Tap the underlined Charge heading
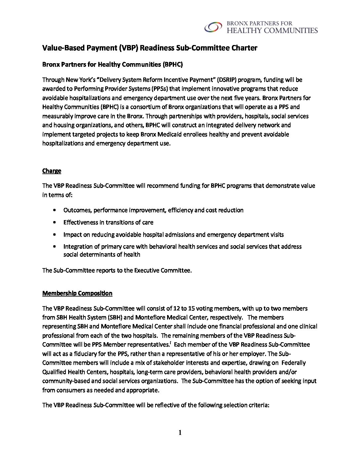click(x=52, y=171)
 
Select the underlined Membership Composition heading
click(x=77, y=293)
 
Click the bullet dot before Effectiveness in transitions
click(x=54, y=222)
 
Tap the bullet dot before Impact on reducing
click(x=54, y=235)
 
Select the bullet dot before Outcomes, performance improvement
click(x=54, y=210)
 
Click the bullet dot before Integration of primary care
click(x=54, y=247)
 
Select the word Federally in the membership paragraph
click(x=293, y=363)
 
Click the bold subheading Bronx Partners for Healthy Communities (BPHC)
click(x=112, y=65)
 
